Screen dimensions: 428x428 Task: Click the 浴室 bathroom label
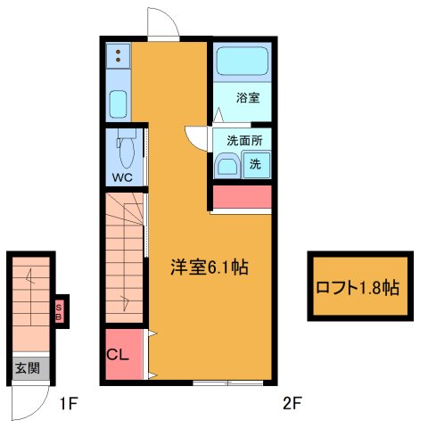(x=248, y=98)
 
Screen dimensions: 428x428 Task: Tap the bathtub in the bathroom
(x=240, y=62)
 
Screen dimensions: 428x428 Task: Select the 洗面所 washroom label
(x=243, y=141)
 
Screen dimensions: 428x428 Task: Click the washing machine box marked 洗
(x=255, y=165)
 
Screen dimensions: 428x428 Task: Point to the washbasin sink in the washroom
(x=227, y=166)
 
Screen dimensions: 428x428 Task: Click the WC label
(x=122, y=177)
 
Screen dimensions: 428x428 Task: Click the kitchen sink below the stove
(x=118, y=103)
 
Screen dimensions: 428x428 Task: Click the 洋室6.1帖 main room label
(x=210, y=267)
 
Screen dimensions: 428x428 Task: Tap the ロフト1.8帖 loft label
(x=358, y=288)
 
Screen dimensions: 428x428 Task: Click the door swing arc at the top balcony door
(x=161, y=22)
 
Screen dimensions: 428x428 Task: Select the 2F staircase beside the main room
(x=124, y=259)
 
